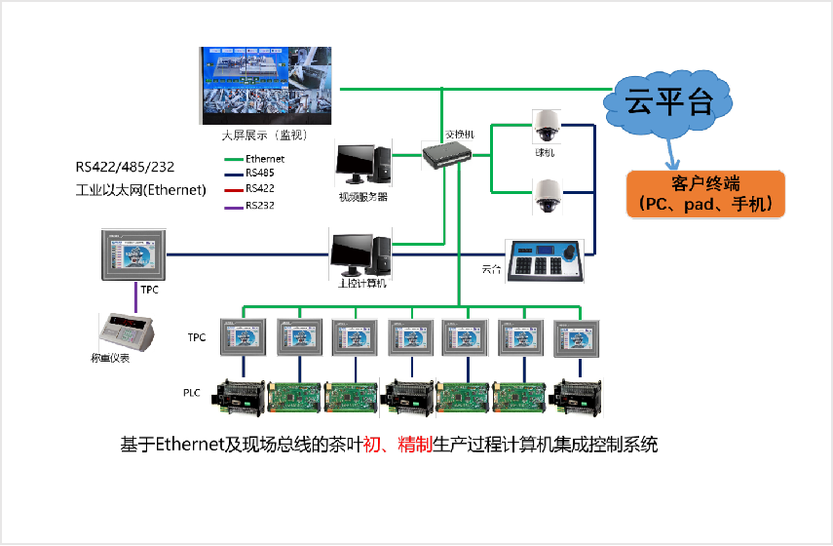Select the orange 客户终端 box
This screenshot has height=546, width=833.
(704, 193)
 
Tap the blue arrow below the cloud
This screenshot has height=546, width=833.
(671, 152)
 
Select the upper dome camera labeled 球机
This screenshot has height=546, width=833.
(546, 125)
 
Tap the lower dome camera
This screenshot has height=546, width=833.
(546, 195)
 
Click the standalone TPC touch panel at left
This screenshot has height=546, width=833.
(134, 254)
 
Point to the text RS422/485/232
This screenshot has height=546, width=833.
(127, 167)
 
